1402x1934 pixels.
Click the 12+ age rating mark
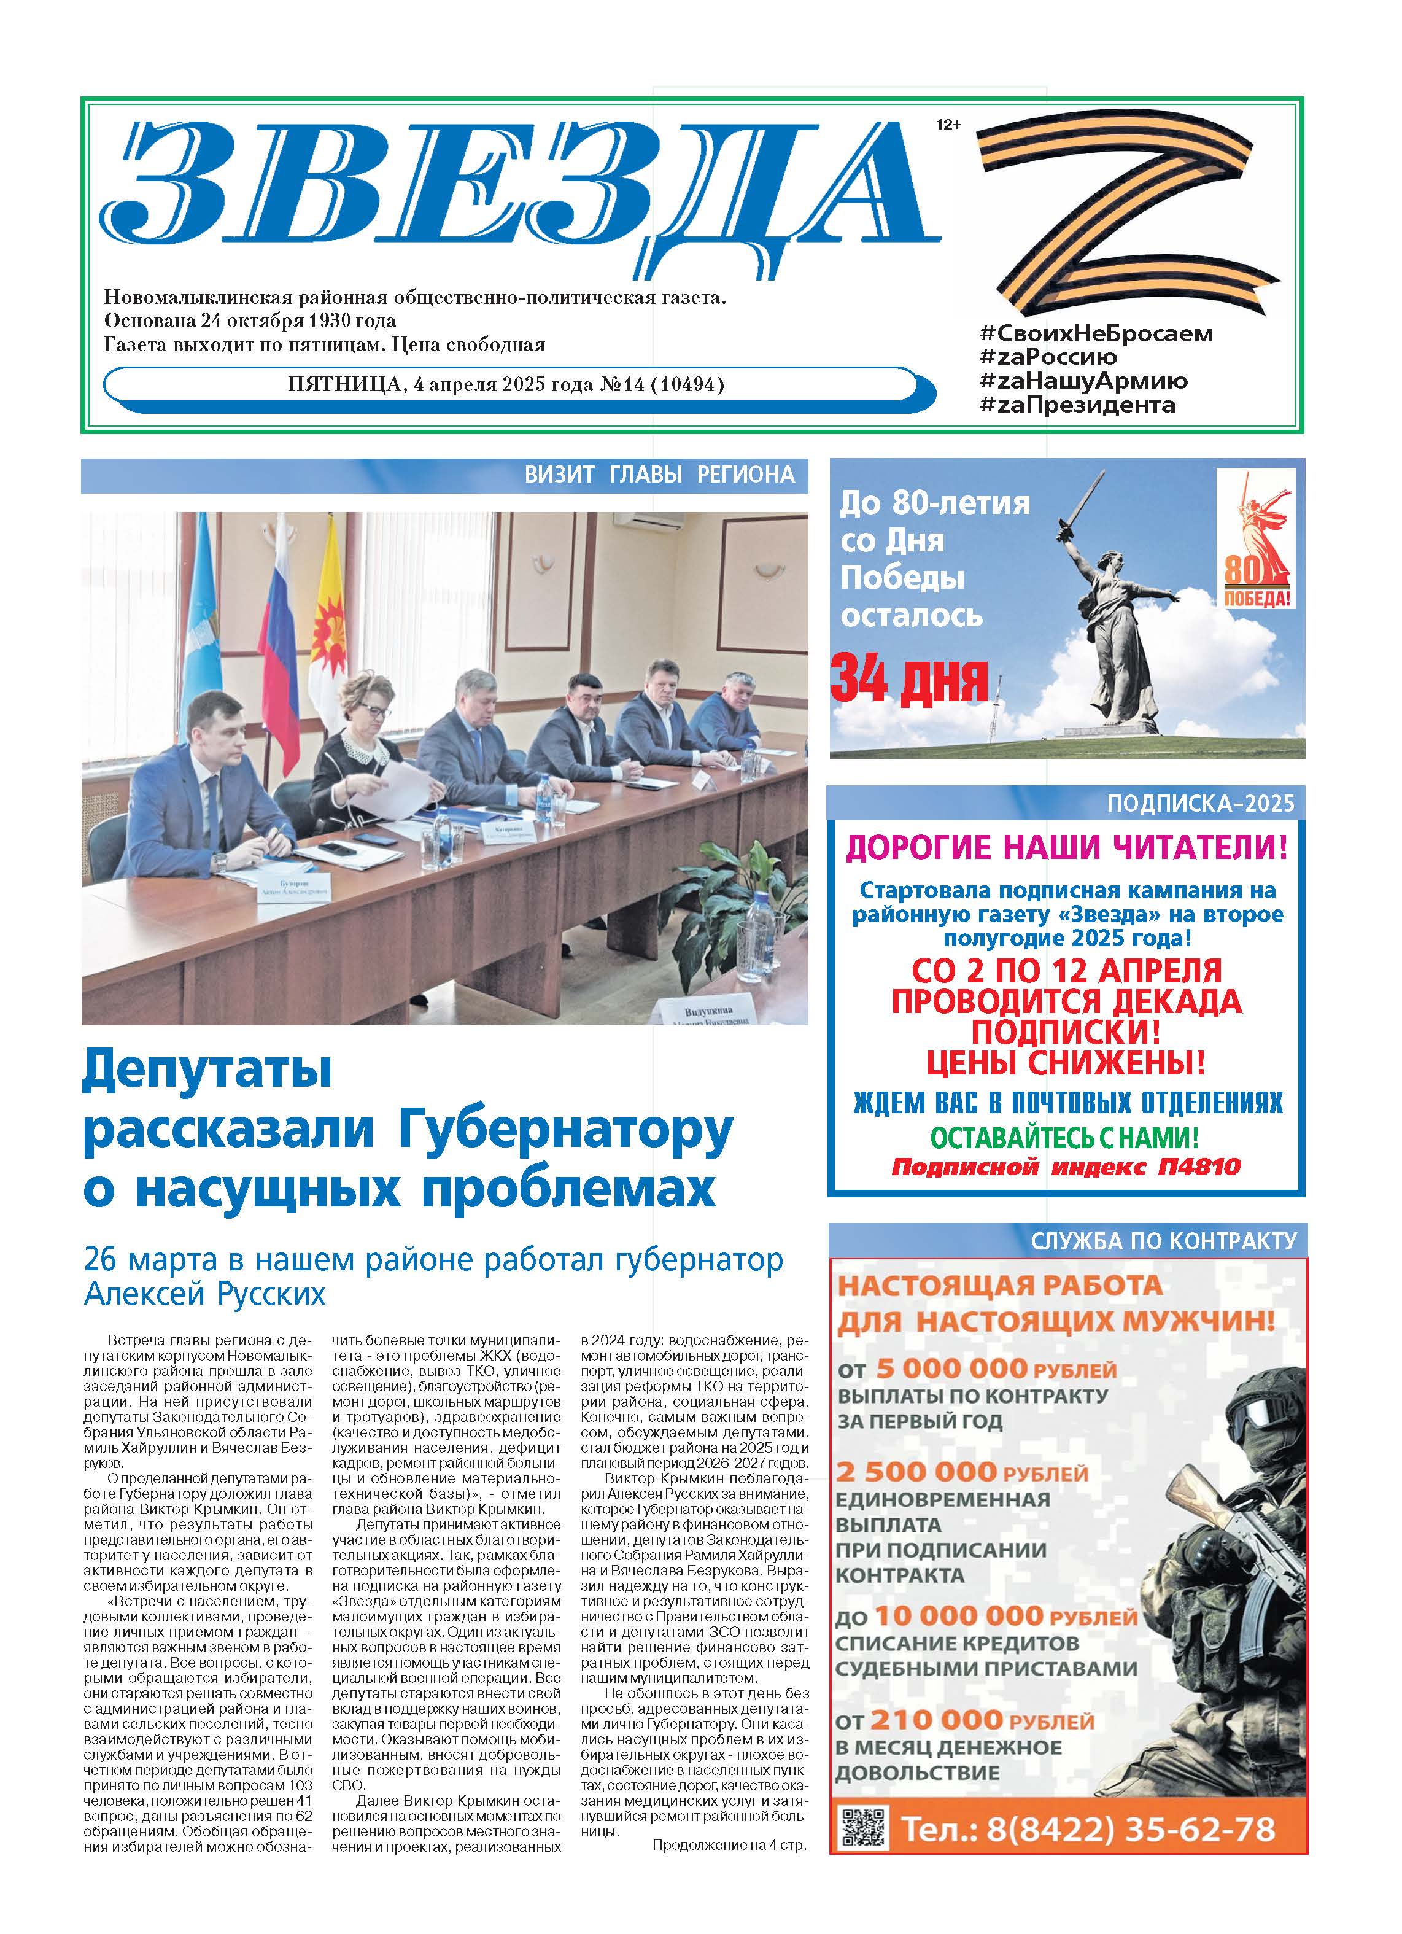coord(948,125)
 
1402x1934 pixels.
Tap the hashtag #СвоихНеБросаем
coord(1096,333)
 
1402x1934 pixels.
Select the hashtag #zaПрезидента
coord(1077,405)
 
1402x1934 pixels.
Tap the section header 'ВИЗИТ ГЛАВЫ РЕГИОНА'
coord(659,475)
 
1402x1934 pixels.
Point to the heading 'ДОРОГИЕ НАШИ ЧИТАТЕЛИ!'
coord(1066,848)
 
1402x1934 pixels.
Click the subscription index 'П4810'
coord(1199,1167)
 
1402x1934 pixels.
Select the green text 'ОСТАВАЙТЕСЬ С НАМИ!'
coord(1064,1138)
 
